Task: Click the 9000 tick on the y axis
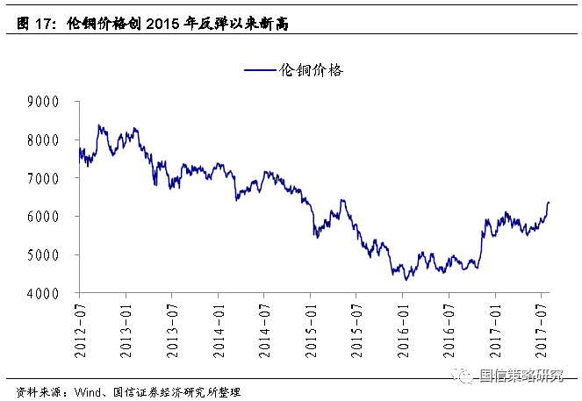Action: (42, 102)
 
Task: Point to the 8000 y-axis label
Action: (42, 140)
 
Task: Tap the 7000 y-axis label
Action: (42, 178)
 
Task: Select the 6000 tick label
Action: (42, 217)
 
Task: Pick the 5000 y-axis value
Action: (42, 255)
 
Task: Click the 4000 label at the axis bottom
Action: (42, 293)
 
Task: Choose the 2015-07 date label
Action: (356, 322)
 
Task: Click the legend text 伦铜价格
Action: (310, 70)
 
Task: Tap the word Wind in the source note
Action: (86, 392)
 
